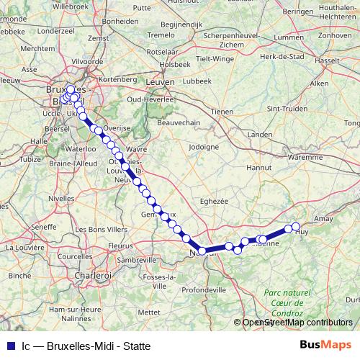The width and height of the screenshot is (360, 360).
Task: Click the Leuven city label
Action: click(x=161, y=83)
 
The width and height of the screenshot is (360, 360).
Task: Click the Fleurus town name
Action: click(x=120, y=245)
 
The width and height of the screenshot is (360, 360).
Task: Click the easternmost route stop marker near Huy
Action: click(x=296, y=228)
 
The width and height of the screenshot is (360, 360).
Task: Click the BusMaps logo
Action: click(x=326, y=345)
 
